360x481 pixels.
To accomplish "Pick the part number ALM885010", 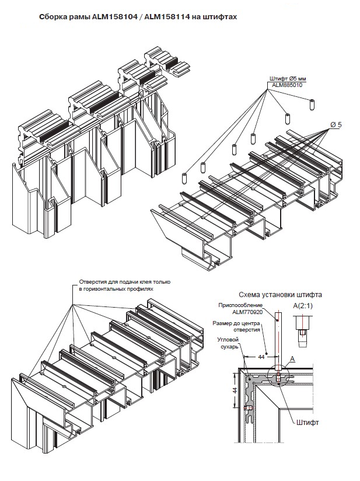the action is pyautogui.click(x=286, y=85).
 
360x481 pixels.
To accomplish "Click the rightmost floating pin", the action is pyautogui.click(x=312, y=105).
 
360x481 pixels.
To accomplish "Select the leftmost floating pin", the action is pyautogui.click(x=184, y=179).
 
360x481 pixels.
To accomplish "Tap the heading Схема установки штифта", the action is pyautogui.click(x=280, y=295).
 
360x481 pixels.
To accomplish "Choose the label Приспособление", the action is pyautogui.click(x=240, y=305).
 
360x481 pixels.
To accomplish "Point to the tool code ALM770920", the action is pyautogui.click(x=247, y=312).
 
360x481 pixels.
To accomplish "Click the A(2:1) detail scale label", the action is pyautogui.click(x=303, y=305).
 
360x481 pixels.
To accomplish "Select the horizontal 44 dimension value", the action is pyautogui.click(x=261, y=357).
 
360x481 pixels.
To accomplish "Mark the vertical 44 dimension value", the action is pyautogui.click(x=235, y=390).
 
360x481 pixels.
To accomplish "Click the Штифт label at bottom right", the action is pyautogui.click(x=307, y=423).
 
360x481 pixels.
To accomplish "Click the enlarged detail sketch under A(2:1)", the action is pyautogui.click(x=302, y=331).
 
